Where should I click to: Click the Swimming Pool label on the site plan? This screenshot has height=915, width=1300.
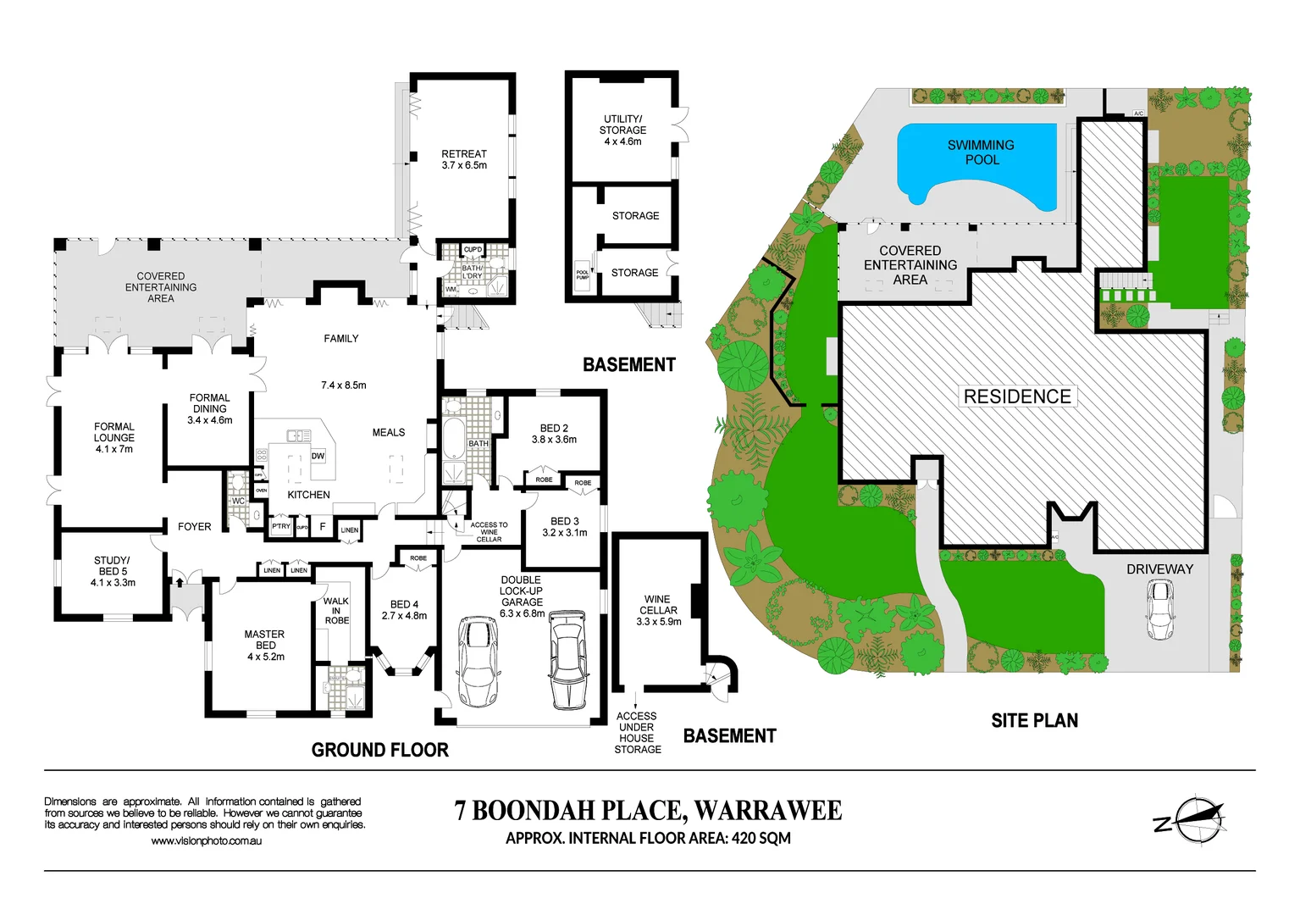[x=981, y=152]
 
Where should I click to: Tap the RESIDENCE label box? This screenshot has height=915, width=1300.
[x=1017, y=396]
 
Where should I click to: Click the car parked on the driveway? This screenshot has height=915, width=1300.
[x=1159, y=611]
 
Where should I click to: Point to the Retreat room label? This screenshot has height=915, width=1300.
[x=464, y=159]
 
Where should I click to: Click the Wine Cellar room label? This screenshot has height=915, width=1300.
[x=658, y=610]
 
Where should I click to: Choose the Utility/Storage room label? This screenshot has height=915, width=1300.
[x=622, y=130]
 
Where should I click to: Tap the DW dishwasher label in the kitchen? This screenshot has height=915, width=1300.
[x=318, y=456]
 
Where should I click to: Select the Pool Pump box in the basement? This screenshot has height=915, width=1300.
[x=583, y=274]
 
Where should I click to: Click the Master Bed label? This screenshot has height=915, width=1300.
[x=265, y=645]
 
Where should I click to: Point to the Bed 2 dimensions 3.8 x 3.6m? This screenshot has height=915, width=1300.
[x=554, y=440]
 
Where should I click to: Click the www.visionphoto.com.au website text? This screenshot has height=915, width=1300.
[x=207, y=841]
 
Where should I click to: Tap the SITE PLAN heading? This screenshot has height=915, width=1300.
[x=1034, y=721]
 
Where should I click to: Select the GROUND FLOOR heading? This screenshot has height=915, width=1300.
[x=379, y=750]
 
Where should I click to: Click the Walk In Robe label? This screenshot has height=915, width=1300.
[x=336, y=610]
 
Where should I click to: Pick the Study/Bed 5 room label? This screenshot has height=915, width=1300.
[x=113, y=571]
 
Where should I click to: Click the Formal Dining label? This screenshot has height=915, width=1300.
[x=210, y=408]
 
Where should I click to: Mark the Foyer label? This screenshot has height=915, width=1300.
[x=194, y=527]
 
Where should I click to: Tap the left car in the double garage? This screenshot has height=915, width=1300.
[x=479, y=662]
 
